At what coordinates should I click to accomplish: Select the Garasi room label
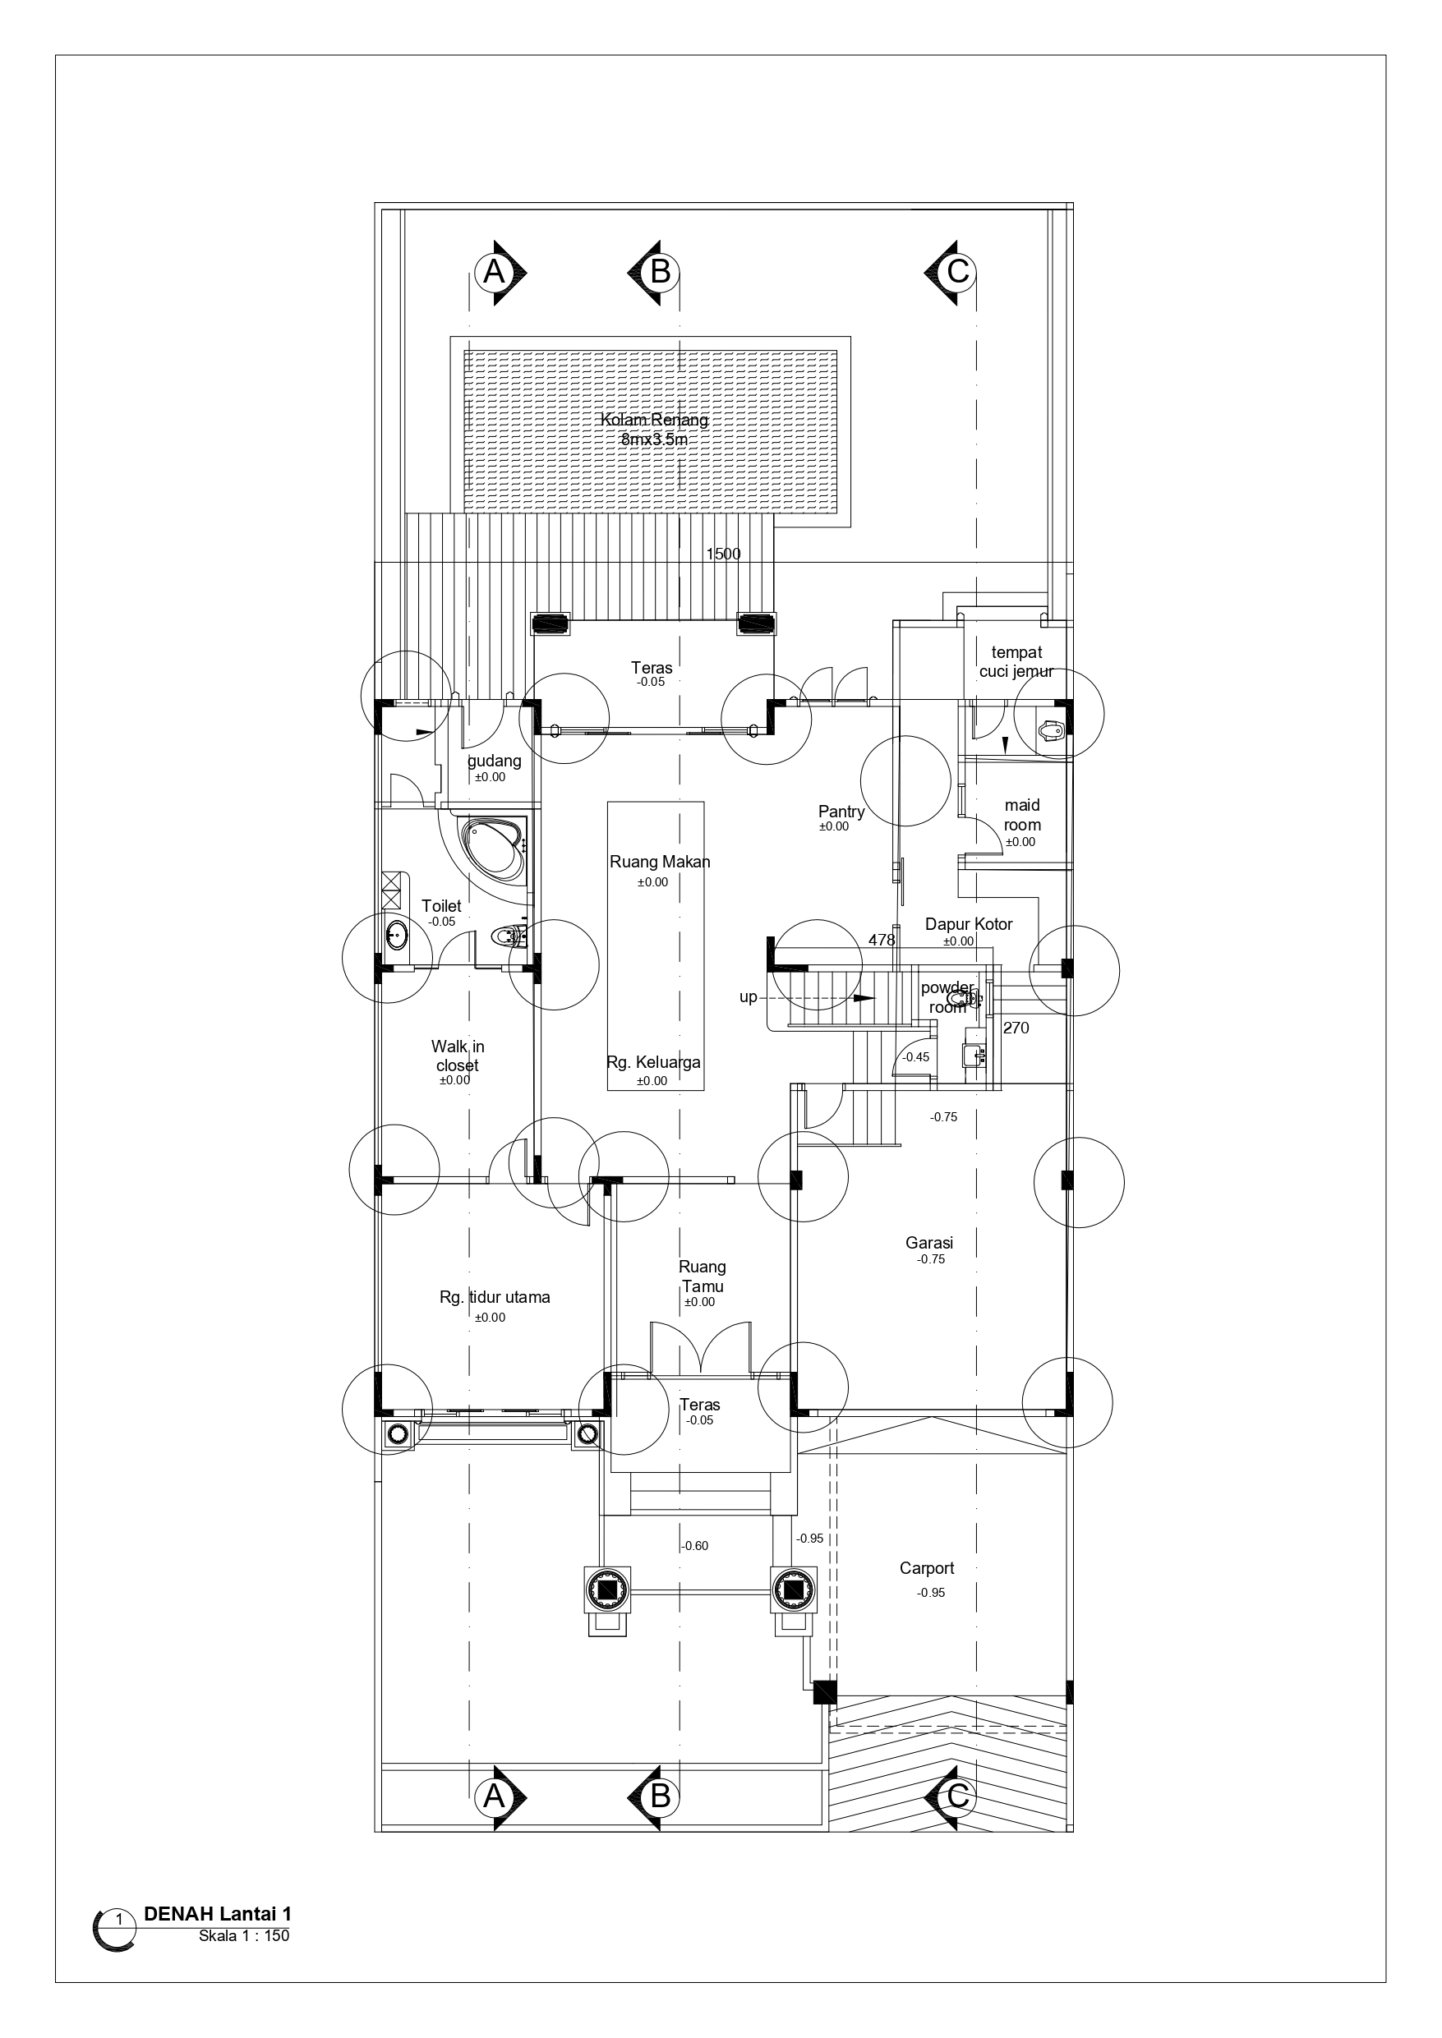pos(929,1244)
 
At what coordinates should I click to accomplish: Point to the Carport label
pos(927,1568)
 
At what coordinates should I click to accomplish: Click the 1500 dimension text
pos(723,554)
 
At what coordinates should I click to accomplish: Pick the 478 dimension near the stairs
pos(882,939)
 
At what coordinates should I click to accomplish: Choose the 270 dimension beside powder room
pos(1016,1028)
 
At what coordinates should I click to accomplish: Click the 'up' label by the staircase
pos(749,996)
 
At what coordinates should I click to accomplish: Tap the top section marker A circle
pos(494,272)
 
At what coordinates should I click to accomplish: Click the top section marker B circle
pos(660,272)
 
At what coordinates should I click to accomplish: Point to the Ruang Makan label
pos(660,862)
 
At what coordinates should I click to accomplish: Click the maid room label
pos(1022,815)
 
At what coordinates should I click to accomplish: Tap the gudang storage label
pos(495,761)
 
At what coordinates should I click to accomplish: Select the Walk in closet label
pos(458,1056)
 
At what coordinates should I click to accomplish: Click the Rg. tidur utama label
pos(495,1298)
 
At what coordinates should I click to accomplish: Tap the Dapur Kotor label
pos(969,924)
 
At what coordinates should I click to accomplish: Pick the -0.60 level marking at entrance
pos(695,1546)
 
